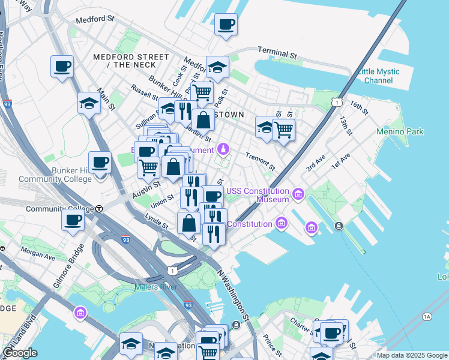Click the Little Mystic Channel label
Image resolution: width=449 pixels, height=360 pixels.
[378, 76]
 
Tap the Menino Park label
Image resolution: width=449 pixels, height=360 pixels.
[400, 131]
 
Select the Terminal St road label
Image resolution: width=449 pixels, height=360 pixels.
[277, 53]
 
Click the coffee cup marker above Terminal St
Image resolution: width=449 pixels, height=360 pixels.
[226, 25]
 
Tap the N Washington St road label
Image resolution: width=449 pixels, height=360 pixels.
[234, 294]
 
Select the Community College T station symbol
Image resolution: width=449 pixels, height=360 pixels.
[99, 209]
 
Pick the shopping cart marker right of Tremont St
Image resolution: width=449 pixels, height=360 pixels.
[283, 128]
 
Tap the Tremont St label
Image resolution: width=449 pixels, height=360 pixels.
[260, 160]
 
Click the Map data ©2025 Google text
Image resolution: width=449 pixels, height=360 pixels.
[412, 355]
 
